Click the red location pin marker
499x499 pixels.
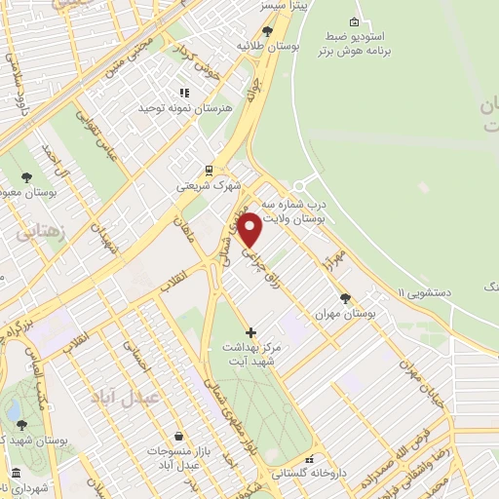(x=250, y=230)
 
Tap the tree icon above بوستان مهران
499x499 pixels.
(x=345, y=299)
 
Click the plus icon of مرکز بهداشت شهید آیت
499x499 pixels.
(x=250, y=333)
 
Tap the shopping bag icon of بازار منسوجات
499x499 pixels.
(x=177, y=436)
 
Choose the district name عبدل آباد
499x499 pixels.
(x=117, y=397)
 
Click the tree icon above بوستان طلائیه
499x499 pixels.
(x=267, y=31)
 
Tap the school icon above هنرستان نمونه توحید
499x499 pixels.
(x=185, y=93)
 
